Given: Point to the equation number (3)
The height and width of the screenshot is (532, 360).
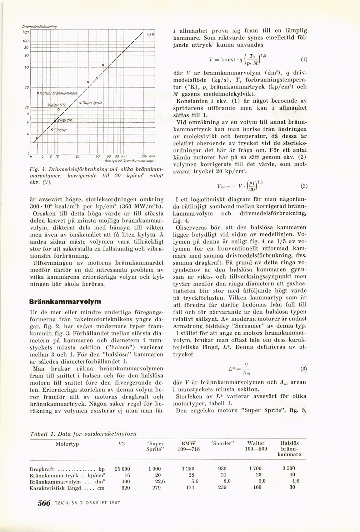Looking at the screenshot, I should [x=304, y=368].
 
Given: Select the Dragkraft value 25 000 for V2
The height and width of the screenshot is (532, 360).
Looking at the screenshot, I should [x=122, y=468].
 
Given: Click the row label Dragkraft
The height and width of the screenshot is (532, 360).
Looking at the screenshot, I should [x=39, y=468].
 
